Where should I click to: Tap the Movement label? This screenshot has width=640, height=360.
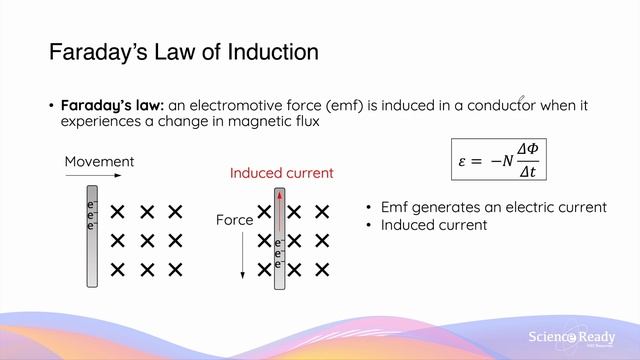[x=99, y=162]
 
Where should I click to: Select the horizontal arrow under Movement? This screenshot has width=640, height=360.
[x=93, y=177]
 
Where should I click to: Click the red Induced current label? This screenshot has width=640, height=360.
[x=282, y=173]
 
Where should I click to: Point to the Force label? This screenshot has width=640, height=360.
[x=235, y=218]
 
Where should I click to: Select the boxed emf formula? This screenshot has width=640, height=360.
[x=499, y=159]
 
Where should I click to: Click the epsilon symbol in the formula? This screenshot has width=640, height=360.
[x=463, y=160]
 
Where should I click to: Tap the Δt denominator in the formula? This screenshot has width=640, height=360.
[x=530, y=170]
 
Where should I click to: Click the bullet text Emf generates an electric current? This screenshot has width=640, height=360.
[x=494, y=207]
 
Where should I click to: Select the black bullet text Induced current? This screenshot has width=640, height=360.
[x=434, y=225]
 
